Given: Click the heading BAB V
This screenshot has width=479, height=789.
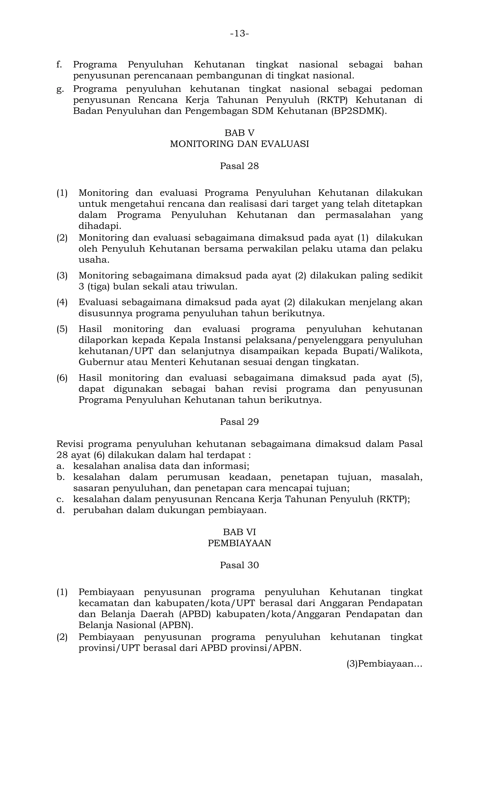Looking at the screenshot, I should click(239, 133).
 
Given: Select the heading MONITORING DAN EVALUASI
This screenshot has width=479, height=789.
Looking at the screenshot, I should click(239, 144).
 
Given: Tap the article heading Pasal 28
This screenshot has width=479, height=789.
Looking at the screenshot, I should click(239, 166).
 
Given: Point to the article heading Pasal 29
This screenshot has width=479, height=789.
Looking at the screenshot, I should click(239, 422).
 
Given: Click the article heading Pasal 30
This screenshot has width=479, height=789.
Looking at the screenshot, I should click(239, 565).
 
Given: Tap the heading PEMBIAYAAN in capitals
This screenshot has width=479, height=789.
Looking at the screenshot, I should click(239, 543).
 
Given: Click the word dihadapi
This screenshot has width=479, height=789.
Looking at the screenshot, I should click(100, 226).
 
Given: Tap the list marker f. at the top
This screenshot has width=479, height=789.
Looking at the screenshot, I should click(59, 65).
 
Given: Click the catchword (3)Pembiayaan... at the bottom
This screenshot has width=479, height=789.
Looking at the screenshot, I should click(384, 664).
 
